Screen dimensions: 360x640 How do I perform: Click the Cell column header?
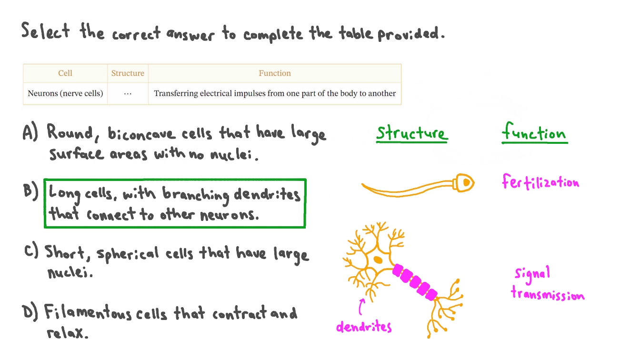point(65,73)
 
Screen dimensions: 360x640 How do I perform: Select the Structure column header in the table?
point(128,73)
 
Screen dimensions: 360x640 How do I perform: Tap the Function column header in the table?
point(275,73)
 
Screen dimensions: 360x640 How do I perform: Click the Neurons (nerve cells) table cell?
point(65,93)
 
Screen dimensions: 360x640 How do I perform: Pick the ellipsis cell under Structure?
point(128,94)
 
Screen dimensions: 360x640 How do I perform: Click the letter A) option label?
point(30,132)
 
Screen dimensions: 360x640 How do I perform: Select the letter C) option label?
point(31,251)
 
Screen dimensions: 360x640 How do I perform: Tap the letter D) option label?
point(30,313)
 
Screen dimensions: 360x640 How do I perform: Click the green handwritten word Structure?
point(411,133)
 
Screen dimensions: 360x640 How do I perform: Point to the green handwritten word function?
point(534,132)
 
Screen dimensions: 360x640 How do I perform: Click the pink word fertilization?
point(540,182)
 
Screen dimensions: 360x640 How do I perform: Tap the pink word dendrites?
point(364,327)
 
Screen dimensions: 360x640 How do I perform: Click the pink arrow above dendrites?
point(362,306)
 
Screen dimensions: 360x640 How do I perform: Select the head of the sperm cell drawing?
point(464,182)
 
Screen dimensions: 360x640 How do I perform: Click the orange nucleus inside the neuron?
point(378,260)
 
